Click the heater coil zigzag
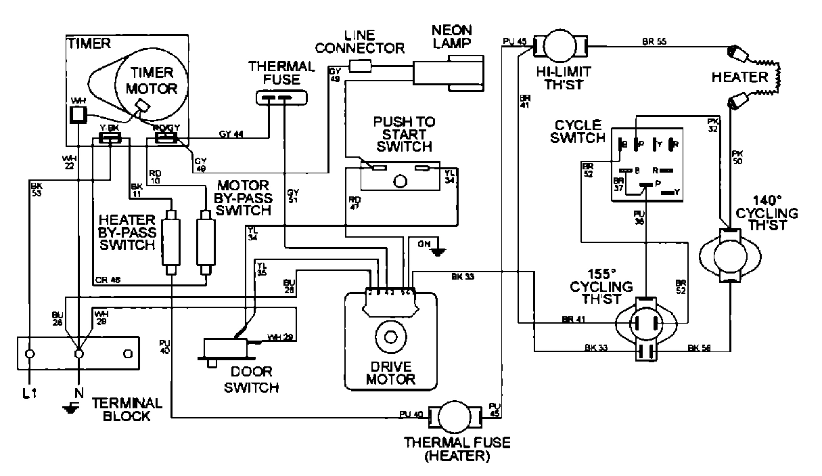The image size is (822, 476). point(778,77)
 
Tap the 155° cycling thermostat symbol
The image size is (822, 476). point(646,324)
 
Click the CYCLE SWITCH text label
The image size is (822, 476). point(578,132)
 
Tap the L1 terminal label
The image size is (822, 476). point(29,393)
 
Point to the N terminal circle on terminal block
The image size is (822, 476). point(79,353)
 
